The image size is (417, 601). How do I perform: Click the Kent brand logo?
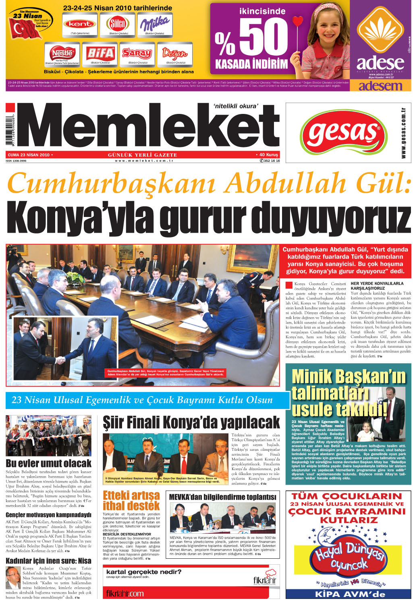coord(80,24)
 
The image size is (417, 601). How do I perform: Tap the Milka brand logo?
coord(155,24)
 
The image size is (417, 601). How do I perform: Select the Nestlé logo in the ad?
coord(62,53)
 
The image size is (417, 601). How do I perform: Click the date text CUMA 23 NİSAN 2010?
coord(29,155)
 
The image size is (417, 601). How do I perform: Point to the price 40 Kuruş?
coord(268,155)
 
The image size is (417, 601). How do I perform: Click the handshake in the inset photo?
coord(60,359)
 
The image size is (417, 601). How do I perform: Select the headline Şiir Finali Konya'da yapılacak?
coord(191,423)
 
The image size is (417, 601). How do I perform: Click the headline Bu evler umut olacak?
coord(49,463)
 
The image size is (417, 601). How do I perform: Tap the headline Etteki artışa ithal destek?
coord(131,500)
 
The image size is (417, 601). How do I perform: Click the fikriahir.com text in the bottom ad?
coord(124,593)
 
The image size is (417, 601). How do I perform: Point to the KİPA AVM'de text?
coord(350,594)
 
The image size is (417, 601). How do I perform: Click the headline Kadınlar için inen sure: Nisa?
coord(48,561)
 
